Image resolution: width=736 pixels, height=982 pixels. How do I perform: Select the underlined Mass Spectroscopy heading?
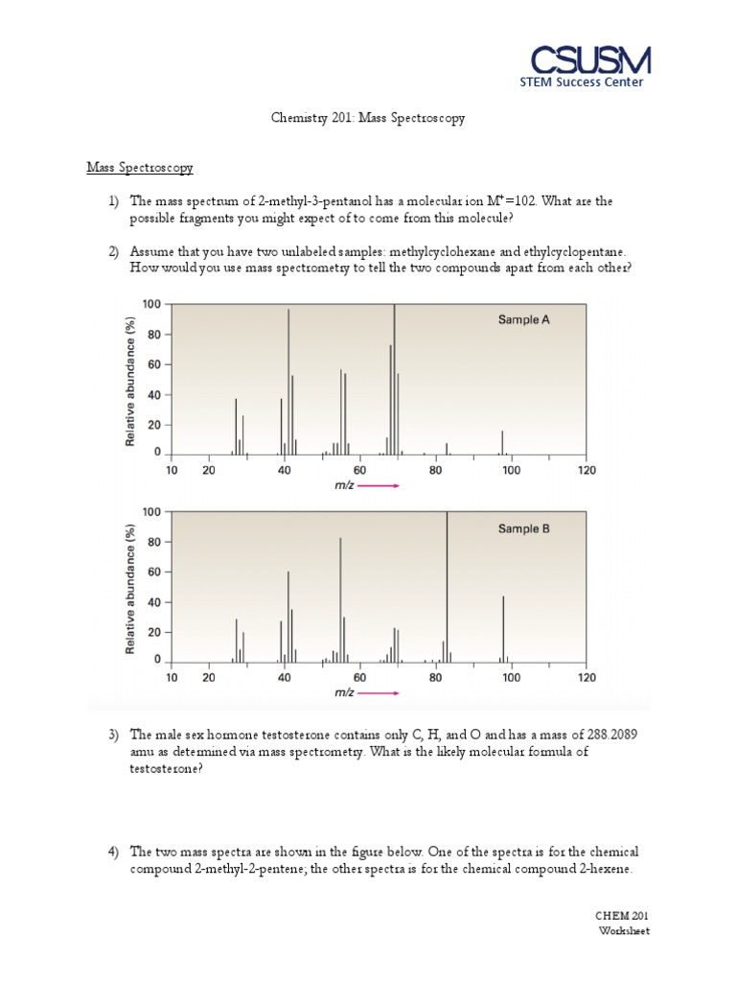[x=140, y=168]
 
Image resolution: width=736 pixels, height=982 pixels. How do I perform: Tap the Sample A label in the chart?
[x=523, y=320]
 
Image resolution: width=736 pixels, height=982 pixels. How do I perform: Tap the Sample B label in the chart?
[x=523, y=528]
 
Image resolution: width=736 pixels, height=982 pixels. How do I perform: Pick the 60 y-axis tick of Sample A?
[x=152, y=364]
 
